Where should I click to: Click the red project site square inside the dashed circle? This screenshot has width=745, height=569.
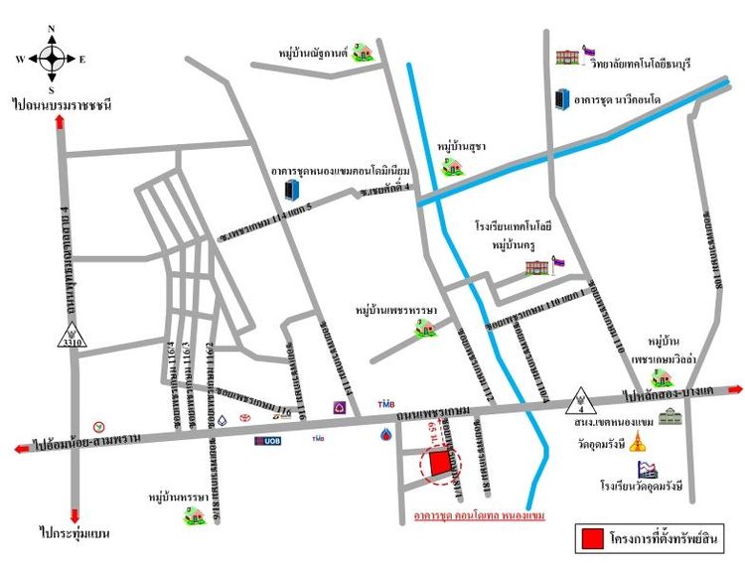[439, 465]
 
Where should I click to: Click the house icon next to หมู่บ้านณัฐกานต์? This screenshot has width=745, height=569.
[364, 49]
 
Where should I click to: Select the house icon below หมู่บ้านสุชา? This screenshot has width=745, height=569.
[453, 166]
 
